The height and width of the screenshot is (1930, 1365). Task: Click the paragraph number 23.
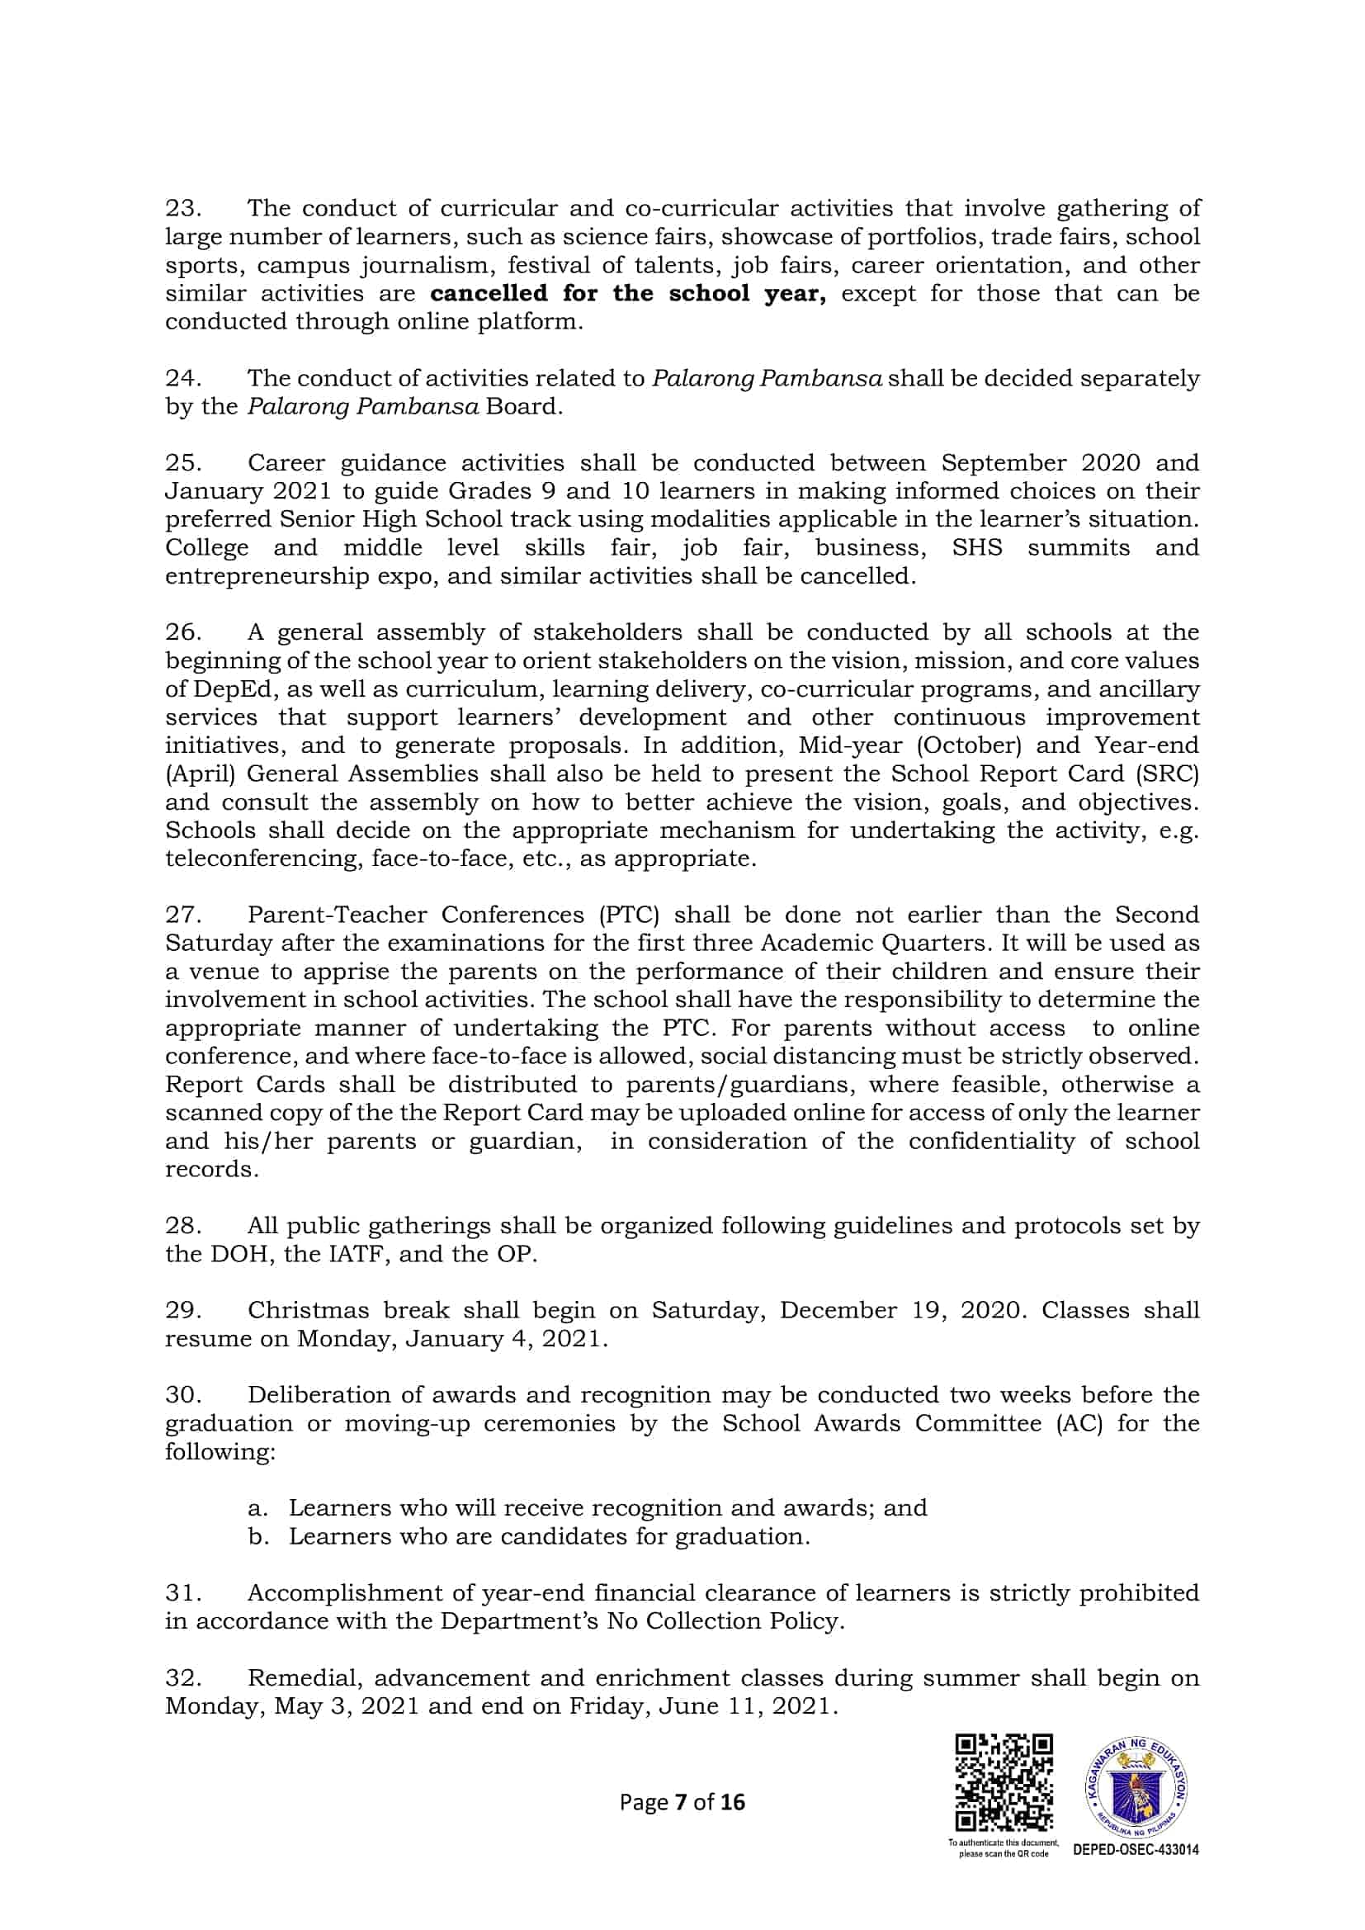click(182, 208)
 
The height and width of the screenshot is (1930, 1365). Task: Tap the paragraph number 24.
click(182, 378)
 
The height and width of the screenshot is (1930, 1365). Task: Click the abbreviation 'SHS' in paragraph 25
click(976, 548)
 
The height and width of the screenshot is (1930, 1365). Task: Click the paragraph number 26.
click(182, 632)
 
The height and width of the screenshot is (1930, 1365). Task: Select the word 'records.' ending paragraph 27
click(212, 1170)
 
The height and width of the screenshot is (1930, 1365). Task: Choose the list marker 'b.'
click(257, 1536)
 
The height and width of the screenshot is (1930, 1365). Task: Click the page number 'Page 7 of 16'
click(682, 1802)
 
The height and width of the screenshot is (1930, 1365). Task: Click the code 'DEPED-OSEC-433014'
click(1136, 1850)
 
